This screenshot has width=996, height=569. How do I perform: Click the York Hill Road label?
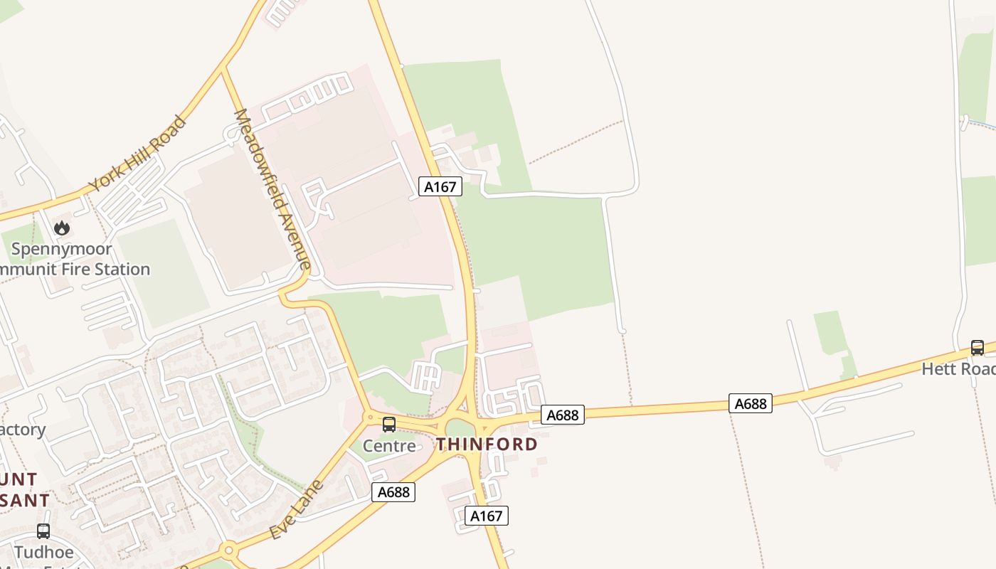tap(137, 154)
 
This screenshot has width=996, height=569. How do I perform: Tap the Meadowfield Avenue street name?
tap(272, 189)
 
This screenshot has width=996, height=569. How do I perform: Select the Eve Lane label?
tap(297, 509)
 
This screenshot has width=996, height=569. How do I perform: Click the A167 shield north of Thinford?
tap(440, 186)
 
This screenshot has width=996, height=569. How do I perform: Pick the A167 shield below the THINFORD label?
tap(487, 516)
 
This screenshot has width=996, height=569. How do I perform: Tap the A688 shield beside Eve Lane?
tap(393, 491)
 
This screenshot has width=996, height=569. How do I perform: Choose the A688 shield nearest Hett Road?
tap(750, 403)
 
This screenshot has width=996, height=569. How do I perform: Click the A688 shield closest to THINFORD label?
tap(563, 415)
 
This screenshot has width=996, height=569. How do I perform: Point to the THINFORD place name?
tap(487, 445)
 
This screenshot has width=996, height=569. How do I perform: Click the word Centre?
tap(389, 446)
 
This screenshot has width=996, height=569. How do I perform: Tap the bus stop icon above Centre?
tap(389, 425)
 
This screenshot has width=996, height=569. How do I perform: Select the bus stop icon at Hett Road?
tap(978, 348)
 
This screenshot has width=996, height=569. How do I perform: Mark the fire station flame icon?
tap(62, 228)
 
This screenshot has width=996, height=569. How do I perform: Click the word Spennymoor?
tap(62, 249)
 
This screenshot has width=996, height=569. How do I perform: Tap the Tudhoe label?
tap(44, 552)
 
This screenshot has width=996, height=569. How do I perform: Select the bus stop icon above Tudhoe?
tap(43, 531)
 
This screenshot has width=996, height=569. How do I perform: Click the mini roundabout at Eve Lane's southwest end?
tap(228, 550)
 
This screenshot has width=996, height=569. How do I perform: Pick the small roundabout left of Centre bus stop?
tap(370, 417)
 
